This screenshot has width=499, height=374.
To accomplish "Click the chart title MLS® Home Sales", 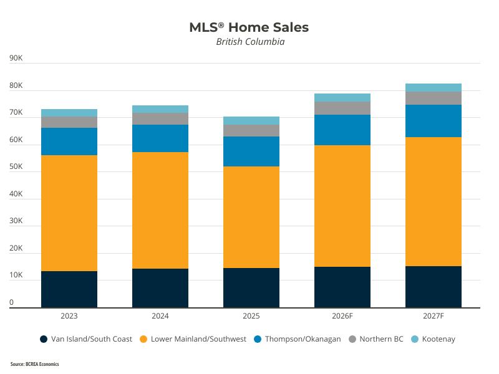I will click(249, 27).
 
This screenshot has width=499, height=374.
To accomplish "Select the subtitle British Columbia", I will click(249, 42).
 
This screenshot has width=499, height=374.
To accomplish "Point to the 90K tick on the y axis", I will click(16, 59).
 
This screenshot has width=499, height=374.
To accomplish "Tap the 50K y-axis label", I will click(16, 167).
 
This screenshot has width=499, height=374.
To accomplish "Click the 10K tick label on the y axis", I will click(16, 275).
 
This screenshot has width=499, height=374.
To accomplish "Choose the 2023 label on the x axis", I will click(69, 317).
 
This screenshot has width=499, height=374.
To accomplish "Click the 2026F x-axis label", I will click(342, 317).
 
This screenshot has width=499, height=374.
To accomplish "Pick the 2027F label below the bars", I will click(433, 317).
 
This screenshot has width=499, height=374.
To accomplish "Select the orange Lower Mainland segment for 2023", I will click(69, 213).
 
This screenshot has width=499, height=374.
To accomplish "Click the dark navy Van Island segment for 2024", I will click(160, 288).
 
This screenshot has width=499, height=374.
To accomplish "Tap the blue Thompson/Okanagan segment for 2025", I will click(251, 151).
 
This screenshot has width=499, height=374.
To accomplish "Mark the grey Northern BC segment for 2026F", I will click(342, 108).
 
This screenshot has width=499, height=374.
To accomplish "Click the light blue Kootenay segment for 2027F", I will click(434, 87).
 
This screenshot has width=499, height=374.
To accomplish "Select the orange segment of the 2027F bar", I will click(434, 201).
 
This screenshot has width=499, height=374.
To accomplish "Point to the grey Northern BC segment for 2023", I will click(69, 122).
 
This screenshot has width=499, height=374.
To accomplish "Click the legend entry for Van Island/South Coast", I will click(86, 339).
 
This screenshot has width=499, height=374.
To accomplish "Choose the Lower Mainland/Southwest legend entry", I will click(193, 339).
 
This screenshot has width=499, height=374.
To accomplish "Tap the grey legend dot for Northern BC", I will click(352, 339).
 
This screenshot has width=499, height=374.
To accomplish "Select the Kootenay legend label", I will click(438, 339).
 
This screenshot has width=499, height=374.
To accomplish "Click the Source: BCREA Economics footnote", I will click(35, 364).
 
